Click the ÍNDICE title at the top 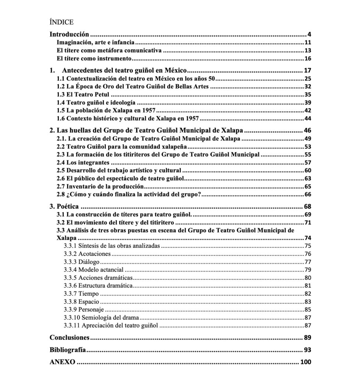pyautogui.click(x=61, y=22)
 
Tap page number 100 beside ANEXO pyautogui.click(x=306, y=362)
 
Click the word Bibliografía pyautogui.click(x=68, y=350)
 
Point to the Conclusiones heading pyautogui.click(x=69, y=337)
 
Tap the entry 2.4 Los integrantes pyautogui.click(x=83, y=162)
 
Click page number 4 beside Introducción pyautogui.click(x=310, y=35)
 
